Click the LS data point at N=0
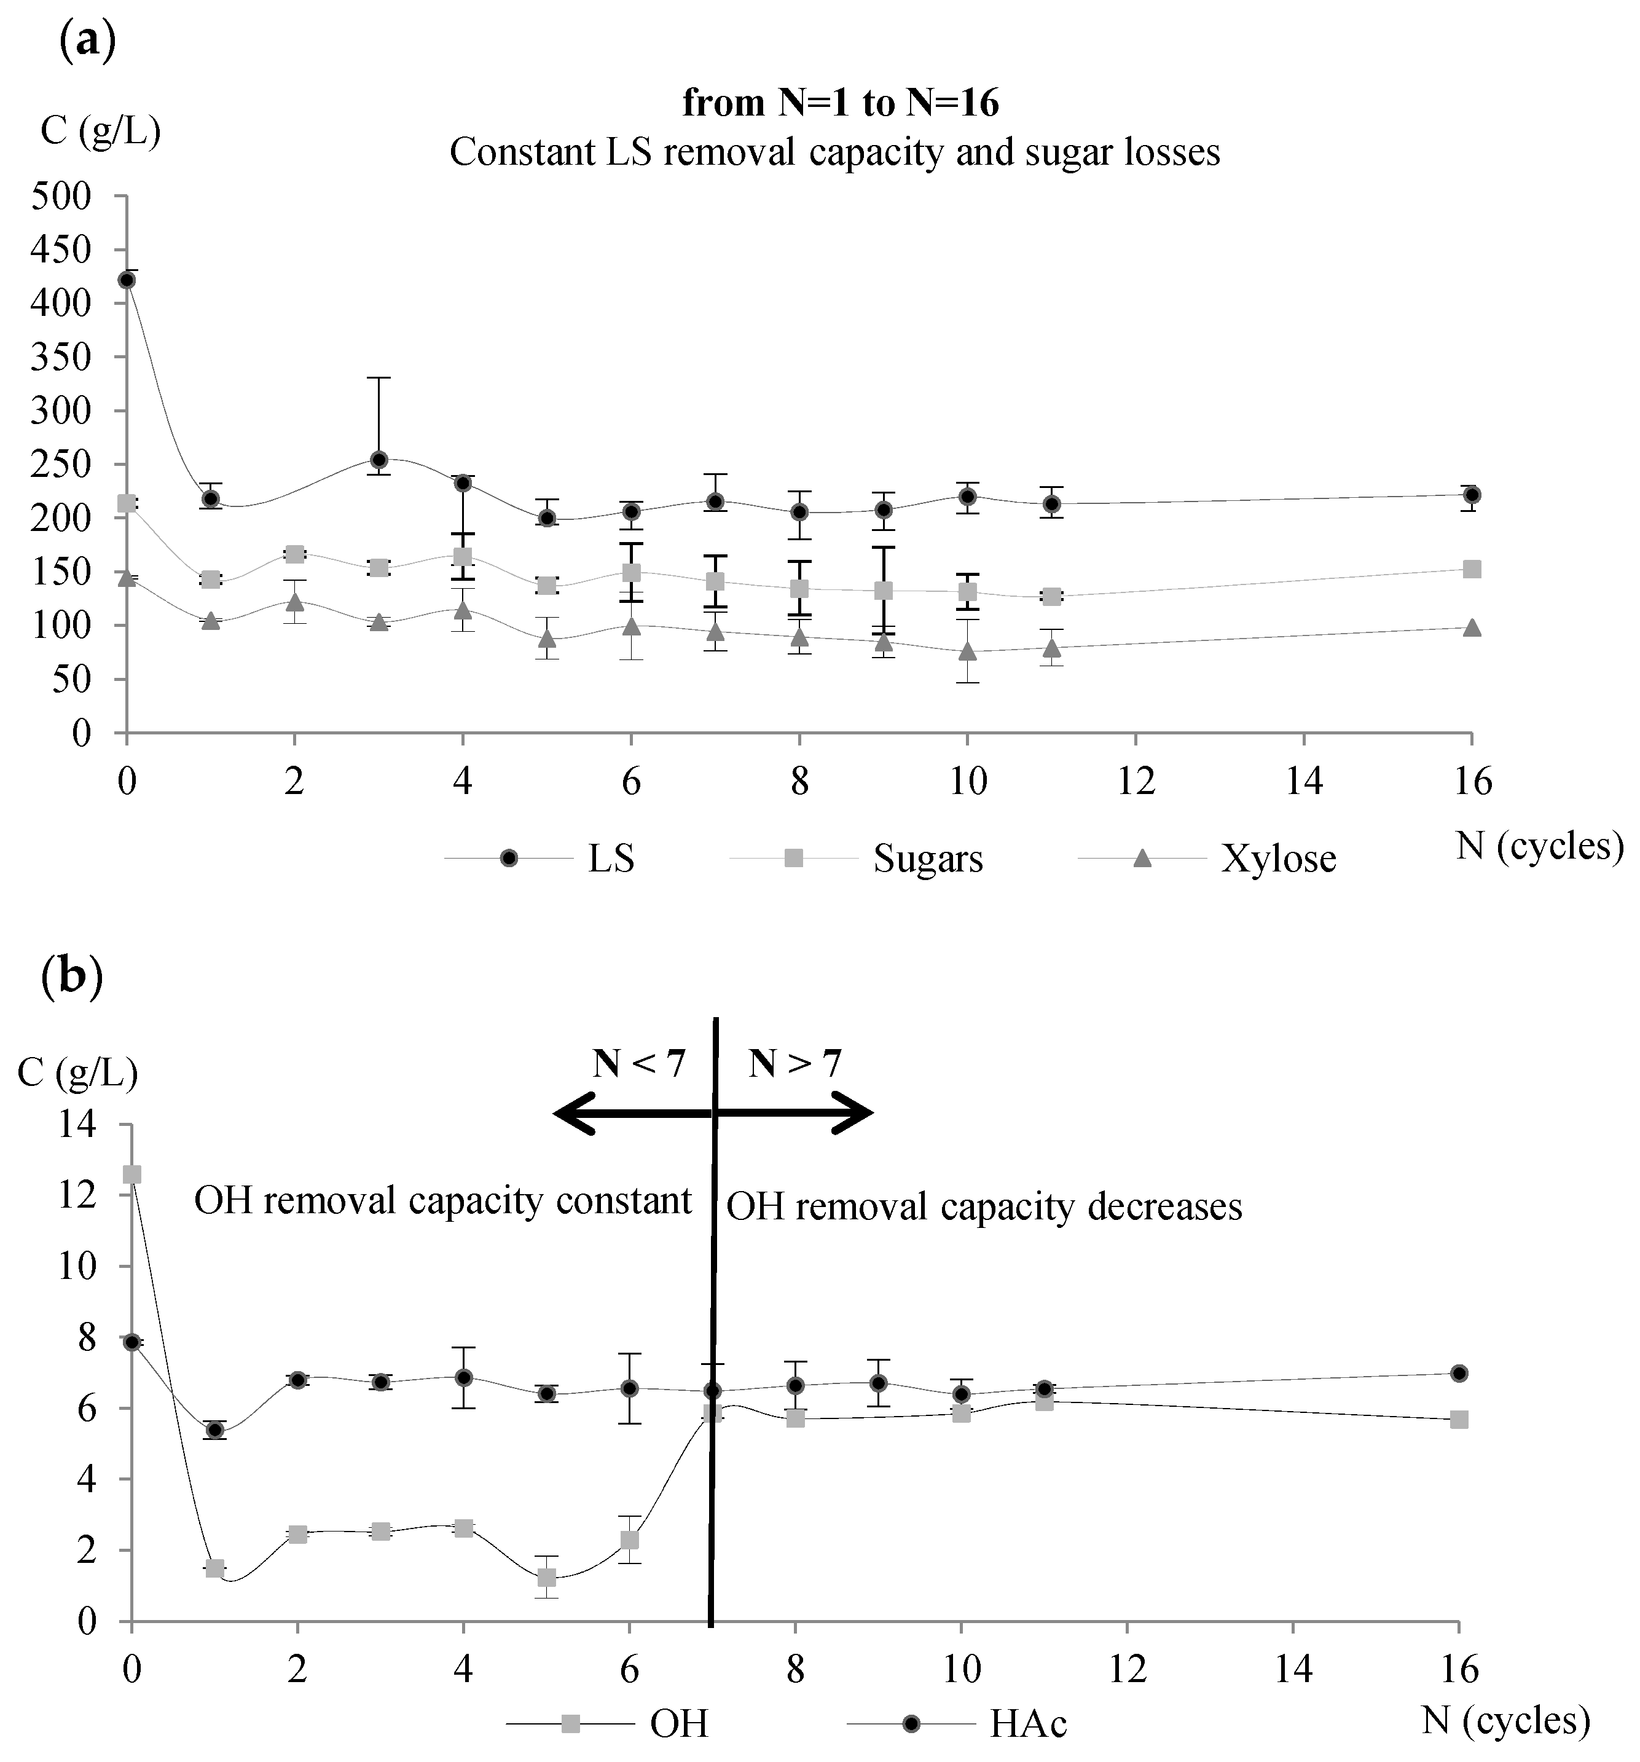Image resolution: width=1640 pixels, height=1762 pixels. tap(127, 280)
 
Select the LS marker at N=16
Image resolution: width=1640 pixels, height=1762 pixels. tap(1472, 495)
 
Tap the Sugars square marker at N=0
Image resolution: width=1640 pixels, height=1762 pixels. tap(127, 503)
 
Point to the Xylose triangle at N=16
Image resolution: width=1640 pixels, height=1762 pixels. tap(1472, 628)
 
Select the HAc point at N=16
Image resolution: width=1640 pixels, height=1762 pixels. tap(1458, 1373)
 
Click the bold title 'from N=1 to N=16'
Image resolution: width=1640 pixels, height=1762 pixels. tap(840, 104)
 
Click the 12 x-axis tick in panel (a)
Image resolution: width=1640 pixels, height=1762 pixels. tap(1136, 782)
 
